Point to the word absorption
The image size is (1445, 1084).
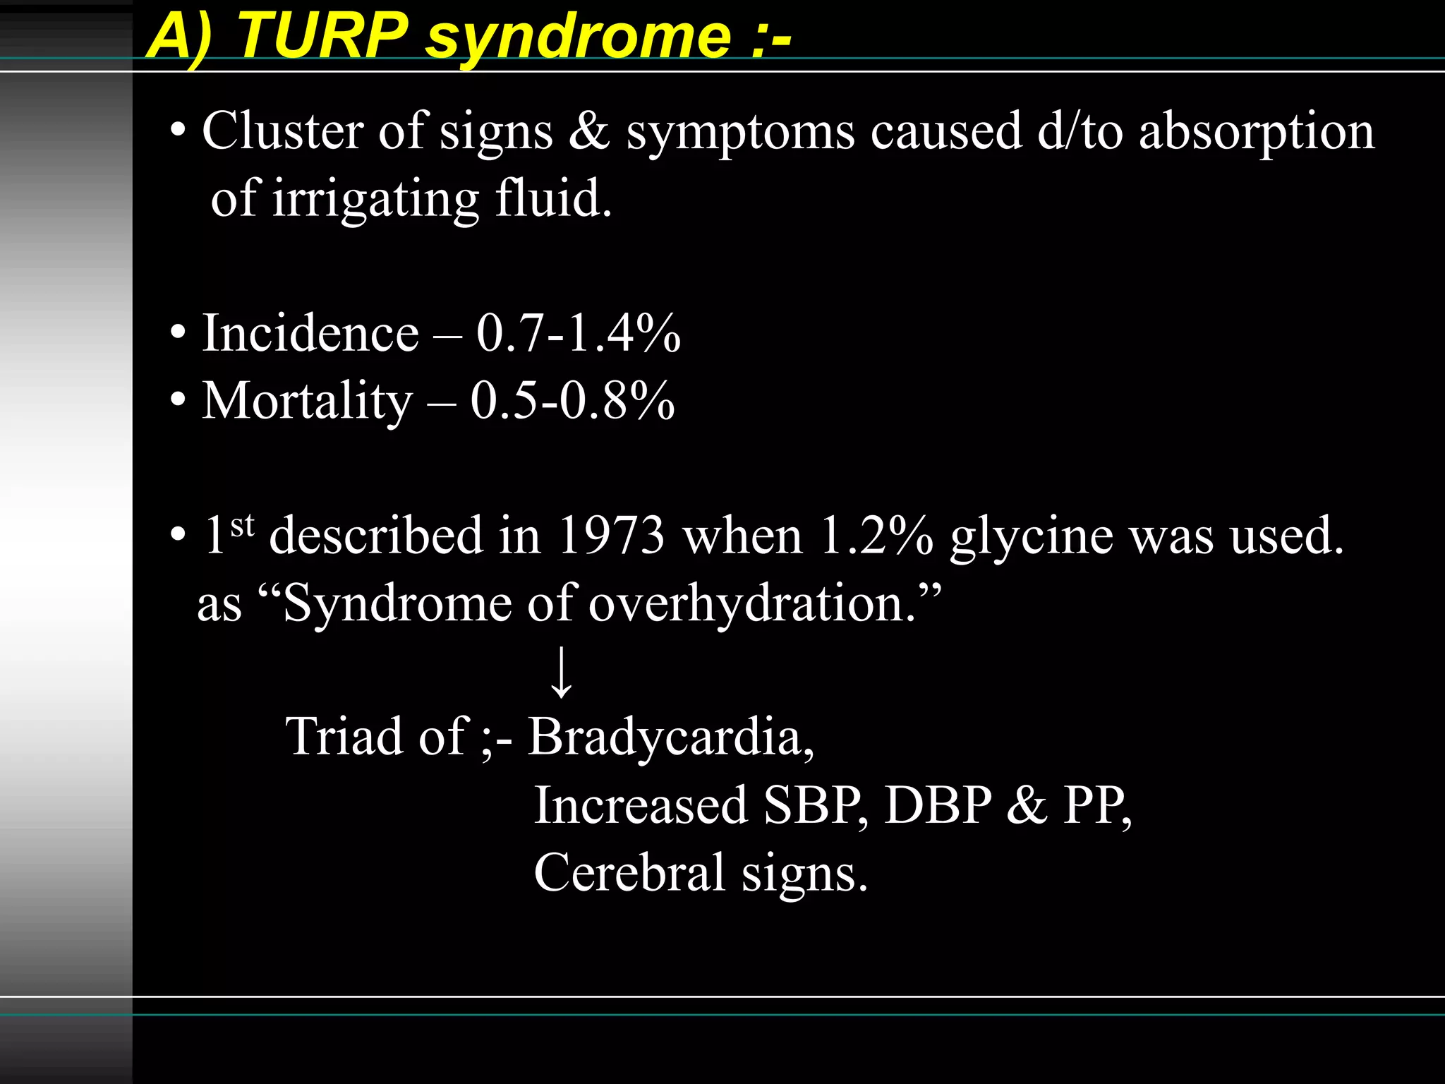[1257, 133]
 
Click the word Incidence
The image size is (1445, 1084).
[310, 333]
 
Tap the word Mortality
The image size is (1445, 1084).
[307, 401]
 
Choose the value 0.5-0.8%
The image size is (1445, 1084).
[572, 401]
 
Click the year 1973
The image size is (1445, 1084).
[611, 535]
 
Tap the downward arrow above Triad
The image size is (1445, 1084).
[562, 672]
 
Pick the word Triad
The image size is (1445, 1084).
[344, 736]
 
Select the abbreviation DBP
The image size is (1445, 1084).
[938, 805]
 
